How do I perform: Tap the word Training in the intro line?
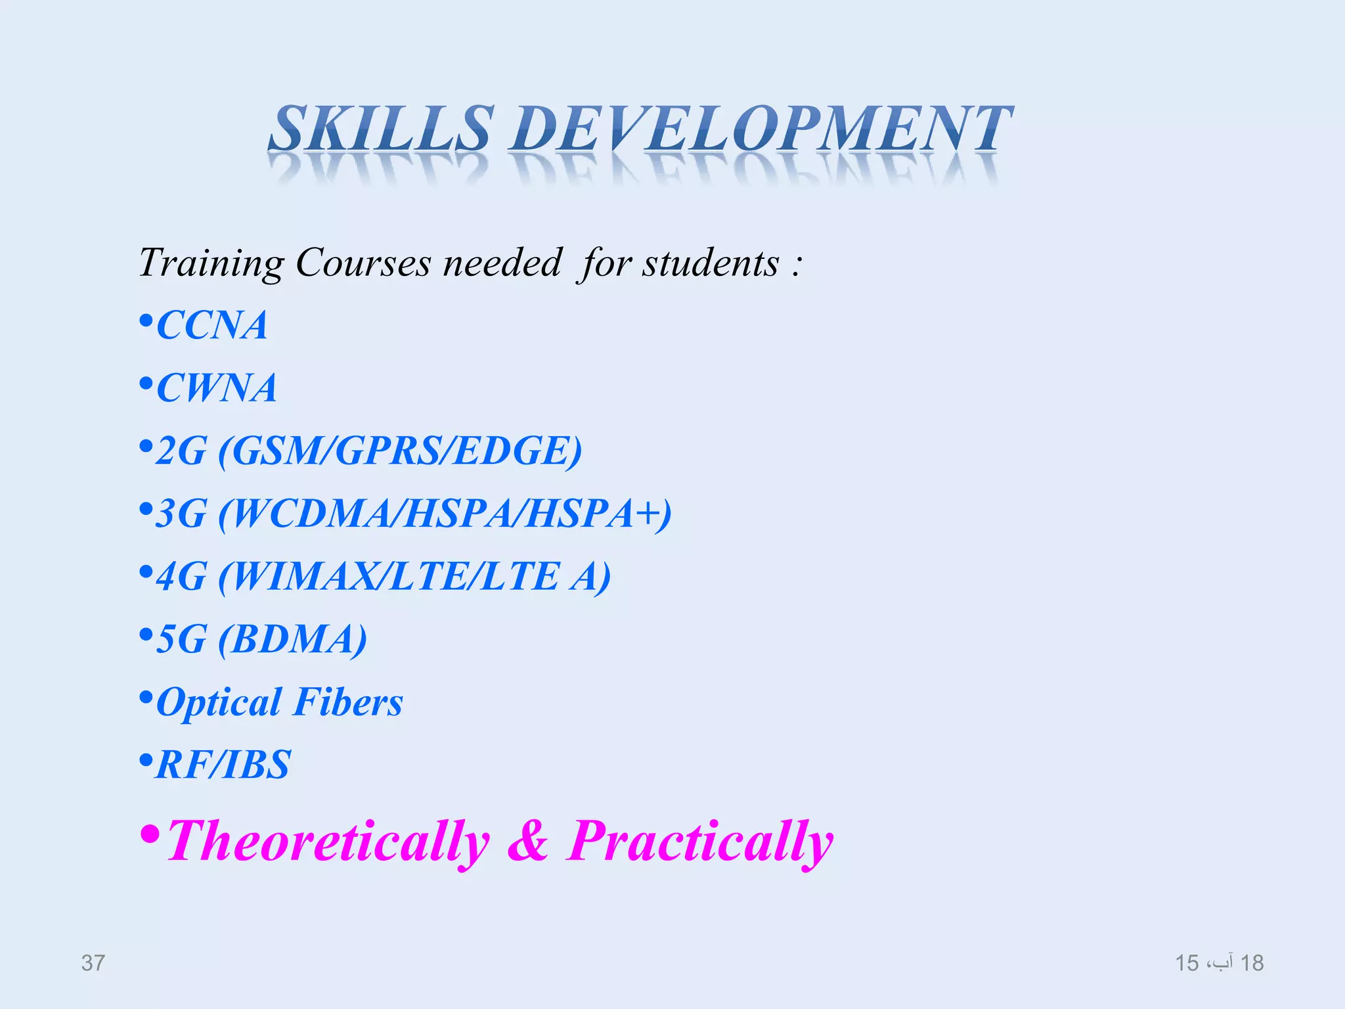click(211, 264)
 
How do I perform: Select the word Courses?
click(363, 263)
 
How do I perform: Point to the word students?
click(710, 263)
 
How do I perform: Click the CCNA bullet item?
click(211, 325)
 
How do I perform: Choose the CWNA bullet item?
click(216, 388)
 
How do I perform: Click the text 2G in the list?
click(181, 451)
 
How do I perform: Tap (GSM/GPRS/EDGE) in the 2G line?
click(399, 451)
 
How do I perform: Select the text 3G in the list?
click(181, 514)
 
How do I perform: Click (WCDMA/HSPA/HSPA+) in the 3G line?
click(445, 514)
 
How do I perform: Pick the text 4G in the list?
click(181, 577)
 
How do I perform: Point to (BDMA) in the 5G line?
click(292, 639)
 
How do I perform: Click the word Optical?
click(219, 703)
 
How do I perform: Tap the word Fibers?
click(348, 702)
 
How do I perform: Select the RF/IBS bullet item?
click(223, 765)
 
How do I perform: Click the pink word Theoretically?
click(328, 842)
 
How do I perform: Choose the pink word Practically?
click(700, 842)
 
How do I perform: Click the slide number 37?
click(93, 963)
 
